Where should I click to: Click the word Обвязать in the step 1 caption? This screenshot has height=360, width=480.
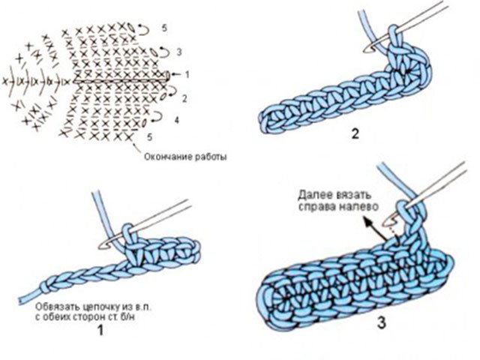[x=53, y=307]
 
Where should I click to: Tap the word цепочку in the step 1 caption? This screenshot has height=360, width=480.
[x=97, y=307]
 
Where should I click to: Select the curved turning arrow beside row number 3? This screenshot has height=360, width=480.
[x=165, y=52]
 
